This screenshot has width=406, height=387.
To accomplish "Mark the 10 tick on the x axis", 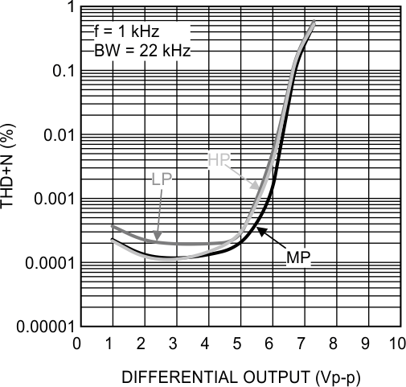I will (396, 342).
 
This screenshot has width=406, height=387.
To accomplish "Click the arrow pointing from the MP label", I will (270, 240).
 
